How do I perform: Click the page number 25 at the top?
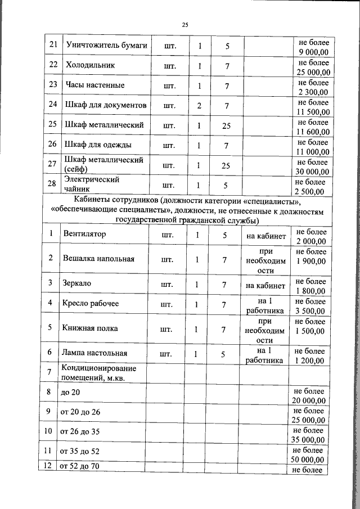(x=186, y=24)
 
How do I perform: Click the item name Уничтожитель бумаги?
(x=106, y=45)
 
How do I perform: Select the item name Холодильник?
(x=91, y=65)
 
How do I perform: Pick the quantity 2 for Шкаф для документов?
(x=199, y=105)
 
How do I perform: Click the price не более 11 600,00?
(x=313, y=125)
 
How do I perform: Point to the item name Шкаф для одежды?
(x=98, y=145)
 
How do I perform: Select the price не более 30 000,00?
(x=313, y=165)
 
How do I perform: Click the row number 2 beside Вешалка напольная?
(x=51, y=258)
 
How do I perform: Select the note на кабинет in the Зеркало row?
(x=266, y=285)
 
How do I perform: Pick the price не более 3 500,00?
(x=310, y=305)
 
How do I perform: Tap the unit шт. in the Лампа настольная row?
(x=166, y=354)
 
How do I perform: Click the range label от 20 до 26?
(x=80, y=412)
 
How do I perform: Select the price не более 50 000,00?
(x=309, y=455)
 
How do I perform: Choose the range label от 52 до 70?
(x=80, y=467)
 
